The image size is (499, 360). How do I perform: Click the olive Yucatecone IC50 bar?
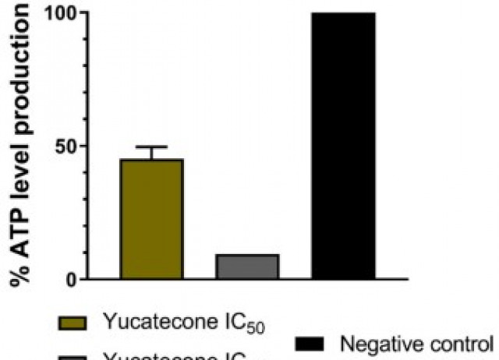151,219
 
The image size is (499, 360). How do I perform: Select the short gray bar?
246,266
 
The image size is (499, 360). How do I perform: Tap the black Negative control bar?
343,146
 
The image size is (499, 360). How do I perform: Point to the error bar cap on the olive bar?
151,147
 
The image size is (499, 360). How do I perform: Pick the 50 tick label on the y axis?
65,146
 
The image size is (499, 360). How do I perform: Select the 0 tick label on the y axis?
71,279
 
